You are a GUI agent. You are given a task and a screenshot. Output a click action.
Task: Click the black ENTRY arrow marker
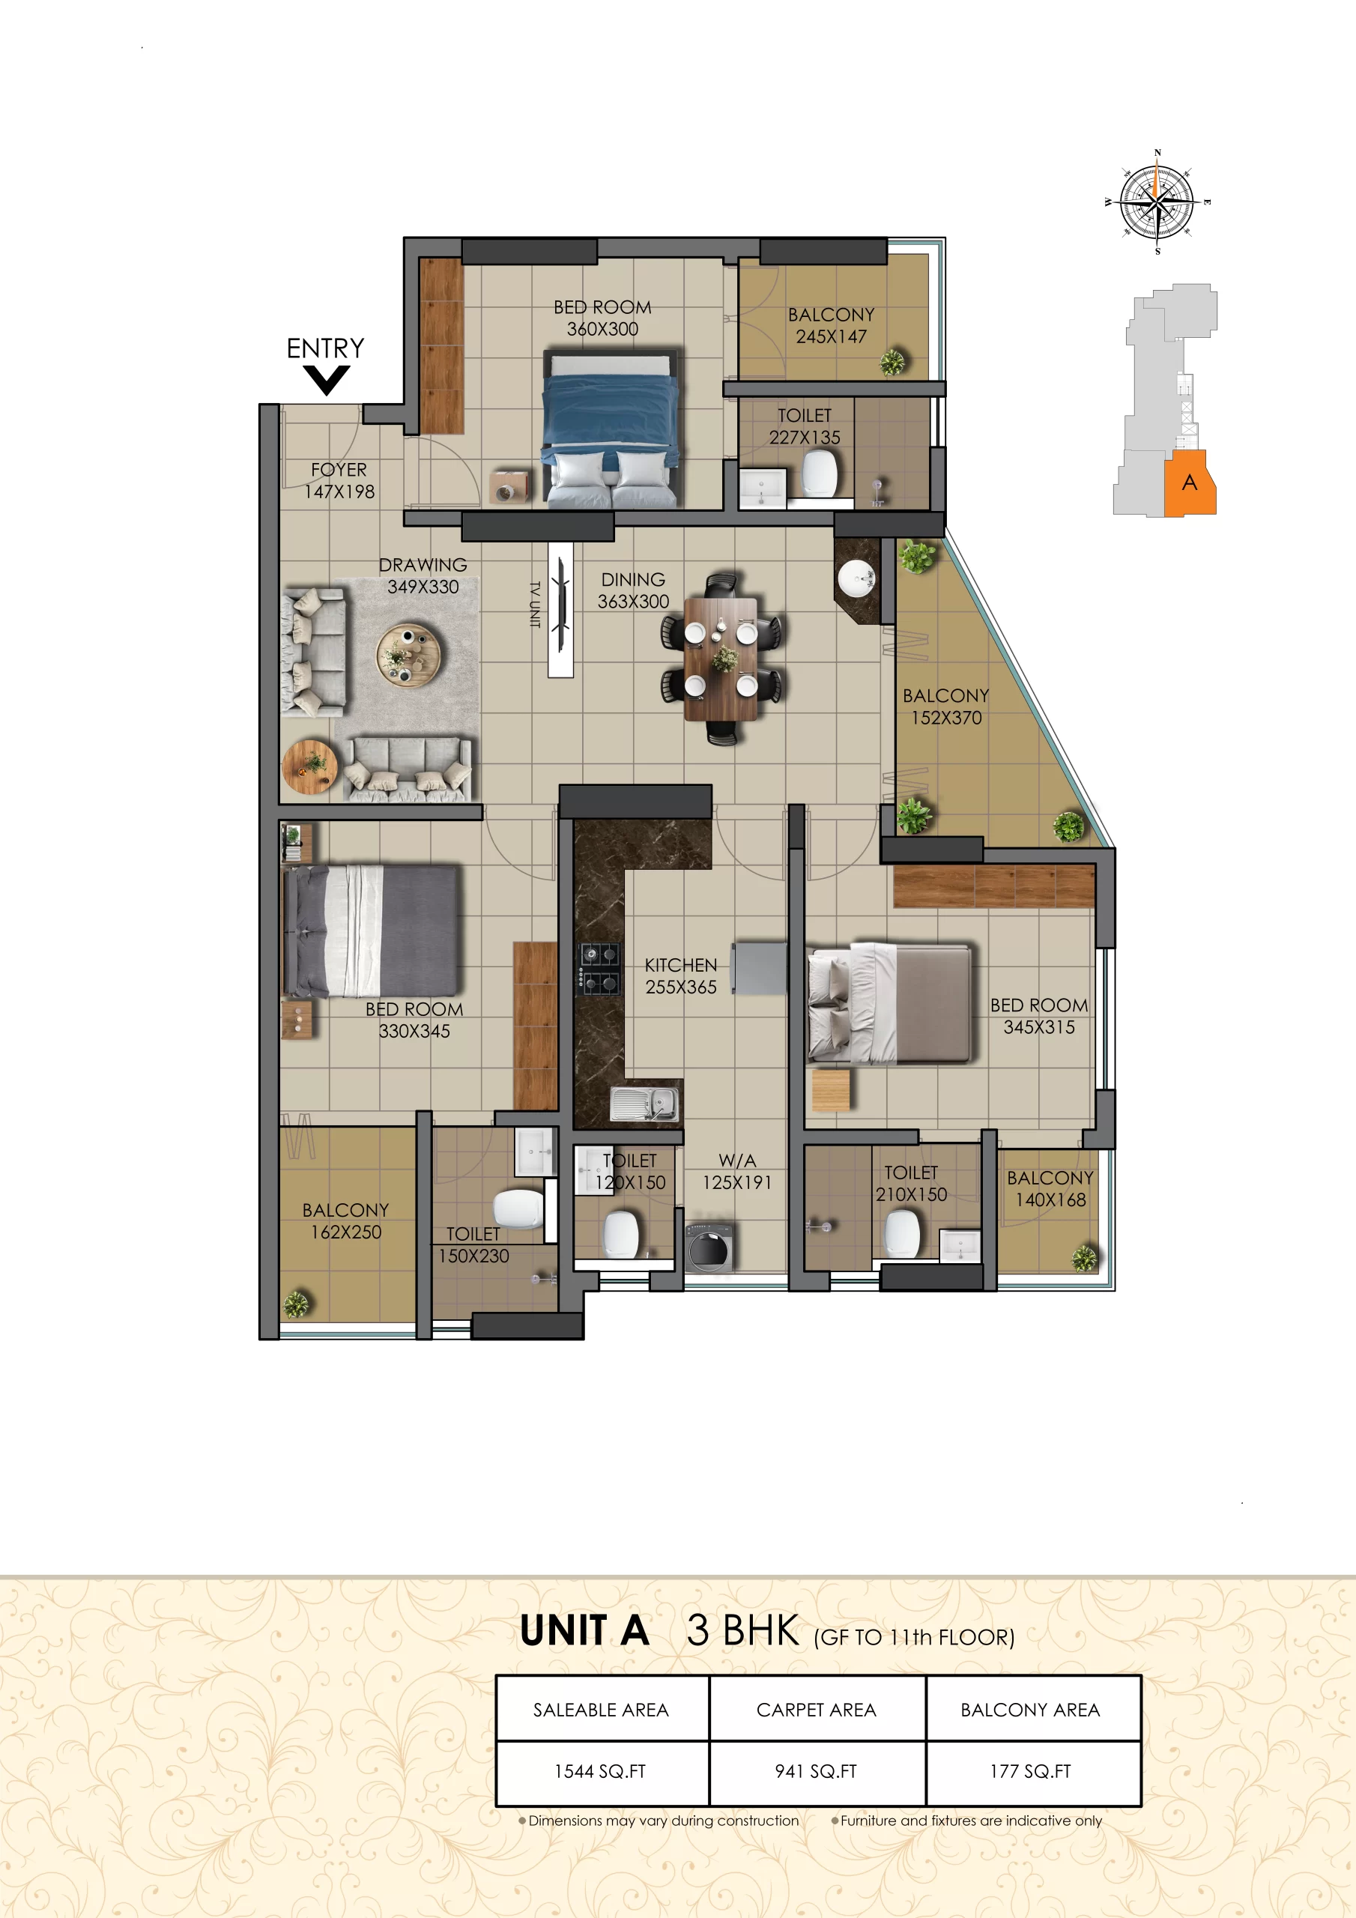(x=326, y=379)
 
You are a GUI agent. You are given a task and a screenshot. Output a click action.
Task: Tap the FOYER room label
(x=339, y=470)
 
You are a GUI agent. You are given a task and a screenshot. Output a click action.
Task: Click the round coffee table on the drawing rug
(x=408, y=654)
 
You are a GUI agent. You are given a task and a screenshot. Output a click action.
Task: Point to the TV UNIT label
(x=535, y=603)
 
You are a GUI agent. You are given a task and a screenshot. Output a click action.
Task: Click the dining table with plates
(x=721, y=659)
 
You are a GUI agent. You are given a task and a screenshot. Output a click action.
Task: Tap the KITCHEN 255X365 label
(x=680, y=975)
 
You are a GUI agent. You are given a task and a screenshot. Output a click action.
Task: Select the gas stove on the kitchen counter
(x=600, y=969)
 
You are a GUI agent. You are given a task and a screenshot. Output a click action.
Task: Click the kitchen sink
(x=644, y=1103)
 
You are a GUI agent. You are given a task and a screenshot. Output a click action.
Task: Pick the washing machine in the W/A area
(x=710, y=1247)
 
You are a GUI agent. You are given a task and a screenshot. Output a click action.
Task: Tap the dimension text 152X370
(x=945, y=718)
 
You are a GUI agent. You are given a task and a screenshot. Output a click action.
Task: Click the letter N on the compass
(x=1157, y=153)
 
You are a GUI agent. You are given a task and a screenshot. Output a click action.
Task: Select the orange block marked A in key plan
(x=1190, y=482)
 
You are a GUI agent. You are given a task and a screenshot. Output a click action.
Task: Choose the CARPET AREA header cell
(x=817, y=1709)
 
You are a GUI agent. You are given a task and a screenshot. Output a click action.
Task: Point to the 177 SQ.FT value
(x=1030, y=1771)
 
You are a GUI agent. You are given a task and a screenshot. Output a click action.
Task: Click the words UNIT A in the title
(x=585, y=1630)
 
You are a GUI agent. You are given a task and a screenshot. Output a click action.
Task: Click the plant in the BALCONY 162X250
(x=297, y=1304)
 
